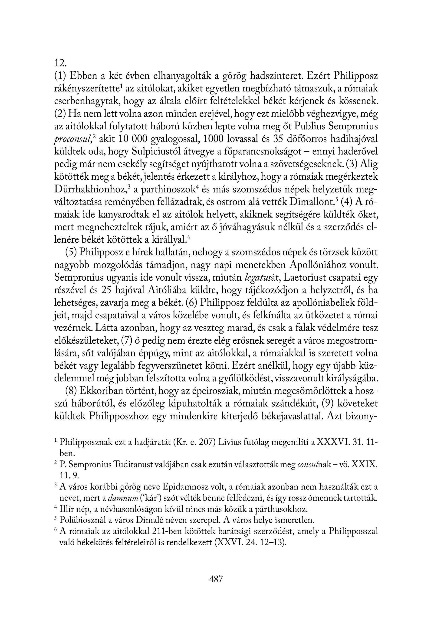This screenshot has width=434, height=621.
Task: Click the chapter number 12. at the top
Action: point(60,63)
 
